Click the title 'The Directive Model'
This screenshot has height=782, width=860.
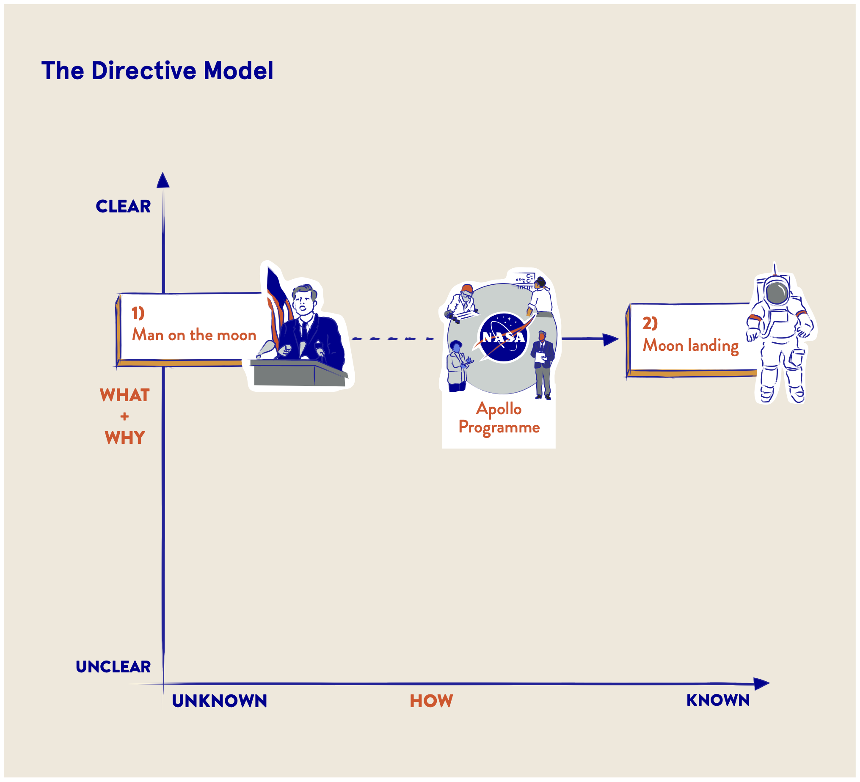(157, 70)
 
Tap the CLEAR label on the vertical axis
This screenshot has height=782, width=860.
(123, 207)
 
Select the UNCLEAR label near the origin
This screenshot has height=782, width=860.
(113, 667)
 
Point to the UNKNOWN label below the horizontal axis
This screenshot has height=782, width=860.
(219, 701)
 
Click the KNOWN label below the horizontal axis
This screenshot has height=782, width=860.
(718, 700)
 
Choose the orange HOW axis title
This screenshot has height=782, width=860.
(431, 701)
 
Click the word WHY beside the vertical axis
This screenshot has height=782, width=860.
(124, 438)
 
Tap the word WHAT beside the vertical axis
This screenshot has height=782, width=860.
(124, 396)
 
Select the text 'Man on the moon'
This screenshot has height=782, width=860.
(194, 335)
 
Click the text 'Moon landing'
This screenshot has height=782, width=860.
(691, 346)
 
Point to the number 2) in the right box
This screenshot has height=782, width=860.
(650, 324)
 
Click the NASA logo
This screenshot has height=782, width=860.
(503, 337)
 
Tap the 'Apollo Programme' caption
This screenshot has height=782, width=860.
(499, 418)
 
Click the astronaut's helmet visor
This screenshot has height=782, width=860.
(777, 293)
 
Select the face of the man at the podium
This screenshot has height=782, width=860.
(304, 303)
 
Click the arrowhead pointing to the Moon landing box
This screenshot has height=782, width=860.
(610, 340)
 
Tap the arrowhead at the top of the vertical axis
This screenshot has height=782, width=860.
(163, 180)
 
